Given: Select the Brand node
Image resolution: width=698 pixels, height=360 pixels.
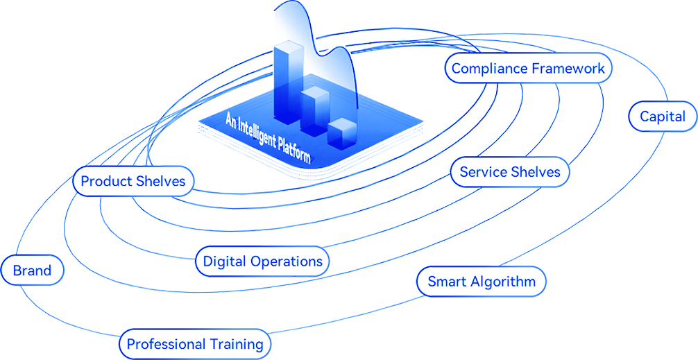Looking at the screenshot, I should pos(33,269).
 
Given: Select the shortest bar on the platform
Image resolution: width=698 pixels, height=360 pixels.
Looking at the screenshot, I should pos(341,132).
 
